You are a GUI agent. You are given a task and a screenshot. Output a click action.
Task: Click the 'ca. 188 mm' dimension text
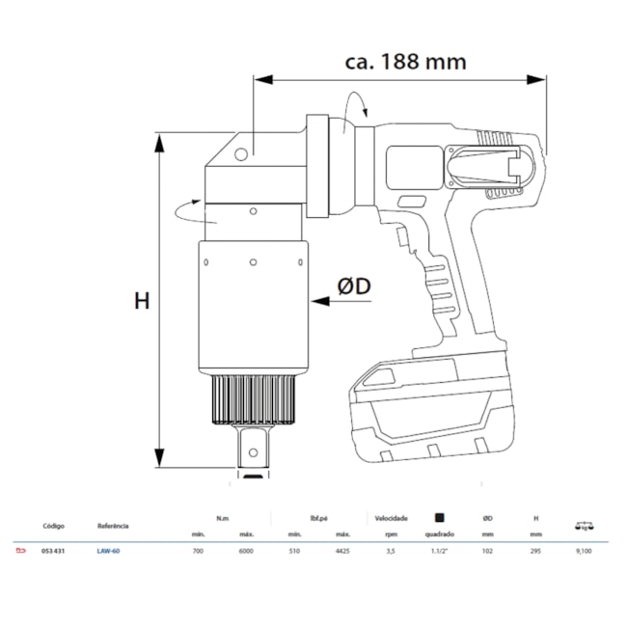pos(405,62)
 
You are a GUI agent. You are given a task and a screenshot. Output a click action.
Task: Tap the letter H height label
pos(142,302)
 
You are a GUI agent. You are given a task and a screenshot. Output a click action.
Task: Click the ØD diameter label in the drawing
pos(354,286)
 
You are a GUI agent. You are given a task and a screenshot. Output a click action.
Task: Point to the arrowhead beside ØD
pos(317,301)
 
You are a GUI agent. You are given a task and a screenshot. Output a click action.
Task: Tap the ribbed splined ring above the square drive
pos(253,397)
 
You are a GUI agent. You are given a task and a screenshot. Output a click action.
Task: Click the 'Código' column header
pos(54,527)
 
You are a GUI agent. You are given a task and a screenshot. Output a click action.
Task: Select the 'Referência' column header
pos(113,527)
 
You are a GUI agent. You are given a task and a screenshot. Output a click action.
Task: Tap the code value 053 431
pos(54,552)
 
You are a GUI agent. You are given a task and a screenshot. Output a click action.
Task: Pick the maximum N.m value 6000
pos(246,552)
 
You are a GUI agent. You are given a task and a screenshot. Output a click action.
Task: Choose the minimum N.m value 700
pos(200,552)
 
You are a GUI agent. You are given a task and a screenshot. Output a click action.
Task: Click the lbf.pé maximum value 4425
pos(341,552)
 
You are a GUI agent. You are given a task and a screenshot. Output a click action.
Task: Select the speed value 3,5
pos(390,552)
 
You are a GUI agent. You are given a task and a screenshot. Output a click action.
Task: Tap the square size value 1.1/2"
pos(439,552)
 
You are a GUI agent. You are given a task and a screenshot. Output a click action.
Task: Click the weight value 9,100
pos(584,552)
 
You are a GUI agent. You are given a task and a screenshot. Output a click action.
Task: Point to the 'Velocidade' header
pos(390,516)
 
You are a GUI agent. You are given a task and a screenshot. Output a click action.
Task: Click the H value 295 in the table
pos(535,552)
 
